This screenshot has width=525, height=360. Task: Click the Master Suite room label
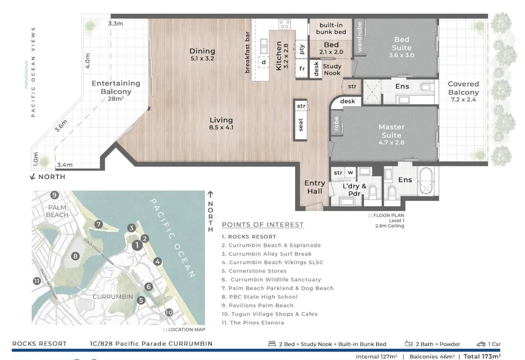coord(392,131)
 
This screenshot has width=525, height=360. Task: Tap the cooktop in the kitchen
coord(284,24)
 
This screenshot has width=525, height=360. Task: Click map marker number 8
coord(75,256)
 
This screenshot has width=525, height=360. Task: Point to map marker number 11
coord(37,281)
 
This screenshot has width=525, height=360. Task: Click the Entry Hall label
coord(315,187)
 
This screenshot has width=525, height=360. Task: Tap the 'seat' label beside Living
coord(301,125)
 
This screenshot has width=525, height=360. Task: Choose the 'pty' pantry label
coord(302,49)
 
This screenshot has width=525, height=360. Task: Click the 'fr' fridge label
coord(302,68)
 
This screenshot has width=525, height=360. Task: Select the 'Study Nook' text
coord(332,70)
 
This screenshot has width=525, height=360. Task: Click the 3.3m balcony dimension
coord(115,24)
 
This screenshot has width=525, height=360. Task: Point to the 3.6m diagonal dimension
coord(61,126)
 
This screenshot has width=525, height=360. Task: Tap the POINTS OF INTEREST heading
coord(263,225)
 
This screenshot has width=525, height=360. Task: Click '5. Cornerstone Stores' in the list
coord(254,271)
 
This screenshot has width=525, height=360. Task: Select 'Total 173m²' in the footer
coord(482,356)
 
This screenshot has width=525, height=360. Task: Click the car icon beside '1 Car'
coord(481,344)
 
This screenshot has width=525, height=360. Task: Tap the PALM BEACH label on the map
coord(57,211)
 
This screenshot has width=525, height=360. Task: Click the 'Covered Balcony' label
coord(463,88)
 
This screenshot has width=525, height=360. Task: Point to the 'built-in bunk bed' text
coord(331,28)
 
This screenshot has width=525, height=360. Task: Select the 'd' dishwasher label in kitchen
coord(264,62)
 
